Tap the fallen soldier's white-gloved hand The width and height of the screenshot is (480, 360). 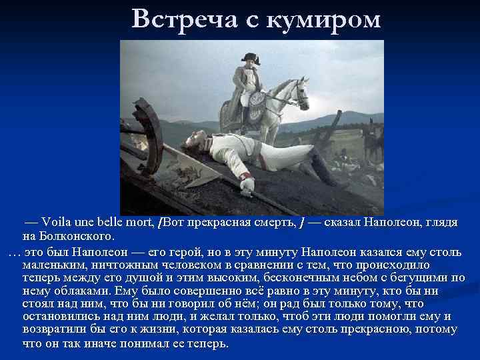[x=247, y=185]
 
